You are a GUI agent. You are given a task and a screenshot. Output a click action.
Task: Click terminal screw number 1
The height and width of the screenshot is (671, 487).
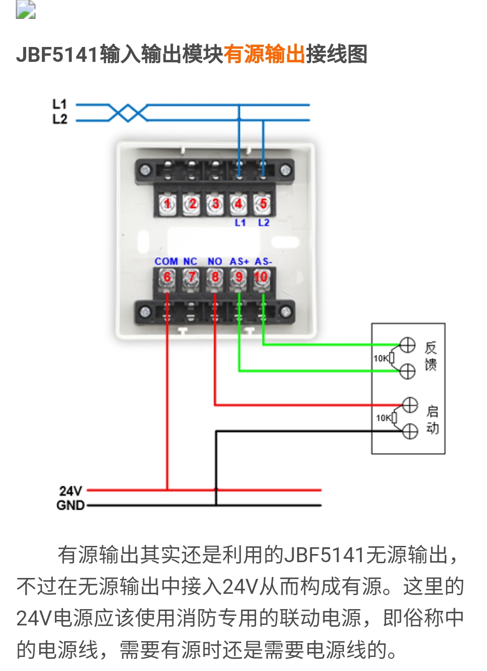point(167,204)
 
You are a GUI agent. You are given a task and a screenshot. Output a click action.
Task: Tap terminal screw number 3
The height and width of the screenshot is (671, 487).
point(215,204)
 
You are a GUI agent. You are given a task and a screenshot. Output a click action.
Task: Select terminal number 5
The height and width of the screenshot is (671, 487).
point(263,204)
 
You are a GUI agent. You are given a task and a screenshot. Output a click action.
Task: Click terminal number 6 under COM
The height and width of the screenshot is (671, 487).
point(167,277)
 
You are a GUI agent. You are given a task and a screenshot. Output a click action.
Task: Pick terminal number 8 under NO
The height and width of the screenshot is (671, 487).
point(215,277)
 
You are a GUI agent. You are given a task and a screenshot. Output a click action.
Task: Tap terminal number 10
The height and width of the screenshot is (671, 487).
point(262,277)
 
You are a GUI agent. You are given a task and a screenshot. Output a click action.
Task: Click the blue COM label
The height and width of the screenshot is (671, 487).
point(166,261)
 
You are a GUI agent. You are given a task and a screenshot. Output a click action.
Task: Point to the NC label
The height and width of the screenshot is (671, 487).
point(190,261)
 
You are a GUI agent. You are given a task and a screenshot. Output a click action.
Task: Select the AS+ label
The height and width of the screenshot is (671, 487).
point(239,261)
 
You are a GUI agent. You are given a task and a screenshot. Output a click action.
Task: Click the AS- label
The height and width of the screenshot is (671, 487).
point(263,261)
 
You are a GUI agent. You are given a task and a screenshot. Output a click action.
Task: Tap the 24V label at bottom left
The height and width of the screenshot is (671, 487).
point(71,491)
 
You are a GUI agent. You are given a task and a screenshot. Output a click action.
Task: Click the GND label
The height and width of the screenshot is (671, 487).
point(71,505)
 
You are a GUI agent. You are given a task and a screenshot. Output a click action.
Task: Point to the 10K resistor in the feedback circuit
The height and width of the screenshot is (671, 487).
point(391,358)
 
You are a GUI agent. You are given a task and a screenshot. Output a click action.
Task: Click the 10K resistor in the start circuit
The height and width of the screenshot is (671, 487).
point(394,418)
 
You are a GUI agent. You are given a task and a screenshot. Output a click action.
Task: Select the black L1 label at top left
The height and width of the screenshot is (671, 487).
point(60,104)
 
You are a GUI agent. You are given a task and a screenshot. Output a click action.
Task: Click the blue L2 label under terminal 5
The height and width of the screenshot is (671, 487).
point(264,223)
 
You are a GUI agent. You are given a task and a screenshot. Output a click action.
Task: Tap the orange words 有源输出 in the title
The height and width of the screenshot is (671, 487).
point(265,55)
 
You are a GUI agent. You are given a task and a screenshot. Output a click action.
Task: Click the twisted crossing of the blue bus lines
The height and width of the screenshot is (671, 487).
point(128,113)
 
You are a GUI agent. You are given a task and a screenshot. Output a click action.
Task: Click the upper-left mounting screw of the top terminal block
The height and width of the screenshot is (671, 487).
point(145,170)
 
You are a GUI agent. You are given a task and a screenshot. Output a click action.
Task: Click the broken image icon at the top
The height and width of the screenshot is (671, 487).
point(26,9)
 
